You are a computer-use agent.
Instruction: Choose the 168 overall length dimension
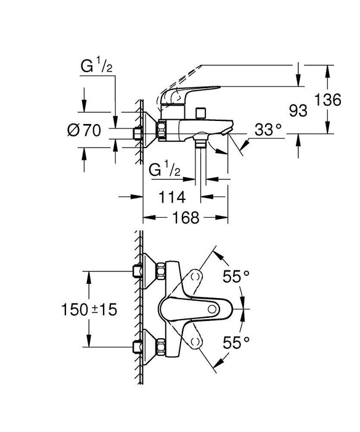click(184, 218)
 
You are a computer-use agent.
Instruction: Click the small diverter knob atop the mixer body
click(200, 112)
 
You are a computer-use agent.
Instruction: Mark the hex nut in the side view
click(163, 131)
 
